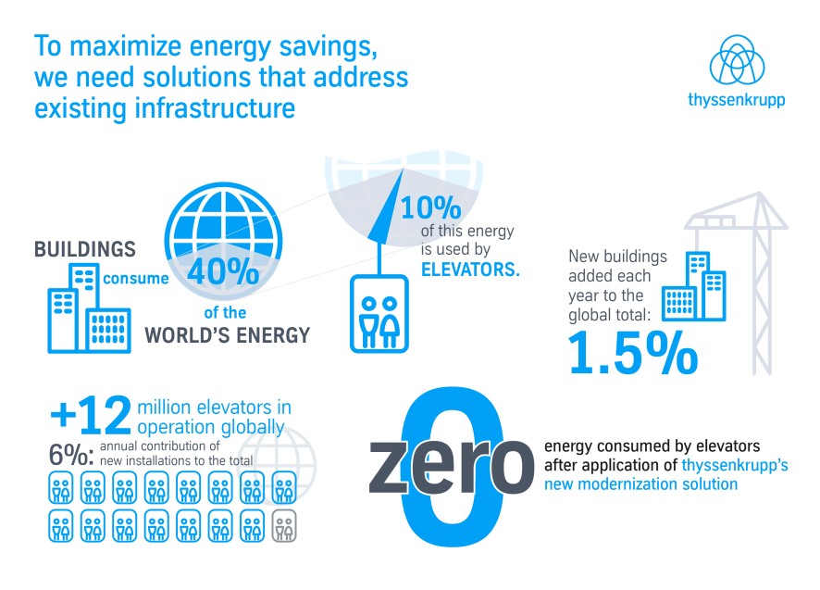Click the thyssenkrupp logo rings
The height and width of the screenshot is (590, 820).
tap(737, 60)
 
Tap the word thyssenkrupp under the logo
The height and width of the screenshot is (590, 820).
tap(737, 99)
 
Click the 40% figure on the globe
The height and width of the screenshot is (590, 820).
tap(223, 271)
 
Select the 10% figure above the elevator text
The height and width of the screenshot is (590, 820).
tap(431, 207)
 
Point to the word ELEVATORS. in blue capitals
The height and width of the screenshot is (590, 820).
tap(470, 270)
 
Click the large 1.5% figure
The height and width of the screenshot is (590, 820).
tap(633, 354)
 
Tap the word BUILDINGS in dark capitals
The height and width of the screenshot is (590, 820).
tap(85, 249)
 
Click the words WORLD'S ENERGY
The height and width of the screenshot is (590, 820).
tap(228, 335)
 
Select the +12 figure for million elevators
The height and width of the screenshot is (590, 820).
tap(91, 415)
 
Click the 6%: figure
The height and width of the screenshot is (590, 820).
tap(71, 455)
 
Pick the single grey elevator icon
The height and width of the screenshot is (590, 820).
tap(284, 525)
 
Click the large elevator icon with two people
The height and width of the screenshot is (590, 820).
tap(379, 314)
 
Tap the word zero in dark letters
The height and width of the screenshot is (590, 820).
tap(452, 466)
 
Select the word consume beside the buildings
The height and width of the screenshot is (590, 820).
tap(136, 279)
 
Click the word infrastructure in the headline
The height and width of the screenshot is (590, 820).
tap(215, 108)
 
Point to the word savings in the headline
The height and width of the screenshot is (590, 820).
tap(328, 47)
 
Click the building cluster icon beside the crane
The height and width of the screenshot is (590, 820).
tap(694, 286)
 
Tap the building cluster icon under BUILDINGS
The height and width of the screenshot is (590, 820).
tap(90, 308)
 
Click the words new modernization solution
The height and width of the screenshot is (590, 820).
tap(640, 484)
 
